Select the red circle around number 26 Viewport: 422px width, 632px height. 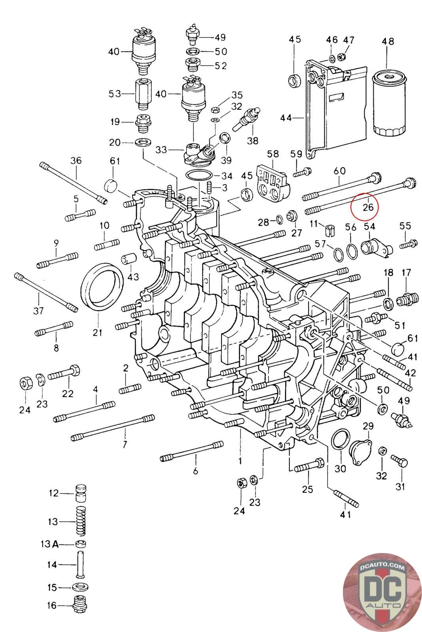point(364,206)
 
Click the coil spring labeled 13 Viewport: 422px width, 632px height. point(81,521)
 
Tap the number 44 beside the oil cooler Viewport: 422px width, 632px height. point(286,118)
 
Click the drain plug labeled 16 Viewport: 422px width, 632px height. point(80,605)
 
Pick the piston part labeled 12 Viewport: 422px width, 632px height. point(81,493)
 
